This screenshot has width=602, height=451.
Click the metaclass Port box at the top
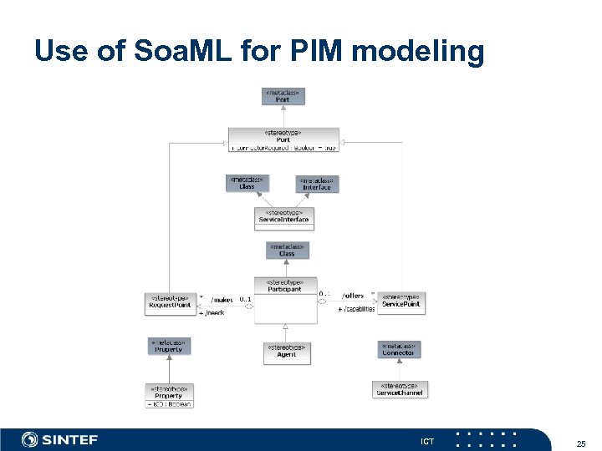click(x=283, y=96)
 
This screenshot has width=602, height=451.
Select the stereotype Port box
click(x=283, y=139)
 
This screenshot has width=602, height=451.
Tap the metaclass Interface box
click(x=317, y=184)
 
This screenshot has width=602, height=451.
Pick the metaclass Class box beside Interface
click(x=247, y=183)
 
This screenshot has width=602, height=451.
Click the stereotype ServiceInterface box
click(x=283, y=218)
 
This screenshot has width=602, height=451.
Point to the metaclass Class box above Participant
click(x=287, y=251)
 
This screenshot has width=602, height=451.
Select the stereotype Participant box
click(x=284, y=300)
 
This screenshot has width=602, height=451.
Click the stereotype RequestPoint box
click(x=170, y=302)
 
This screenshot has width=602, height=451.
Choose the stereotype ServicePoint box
click(x=401, y=302)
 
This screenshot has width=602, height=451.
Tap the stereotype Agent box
click(x=287, y=352)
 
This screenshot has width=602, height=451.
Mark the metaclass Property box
click(x=169, y=345)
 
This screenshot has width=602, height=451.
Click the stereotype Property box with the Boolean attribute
click(x=170, y=396)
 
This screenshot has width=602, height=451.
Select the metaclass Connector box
click(x=398, y=349)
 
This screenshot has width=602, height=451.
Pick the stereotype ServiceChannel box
click(x=400, y=389)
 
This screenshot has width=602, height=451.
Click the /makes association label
click(x=222, y=299)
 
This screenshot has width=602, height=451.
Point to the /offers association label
click(x=353, y=295)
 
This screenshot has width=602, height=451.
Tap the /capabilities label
click(x=356, y=309)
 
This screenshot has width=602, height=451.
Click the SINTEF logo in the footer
click(x=59, y=439)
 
